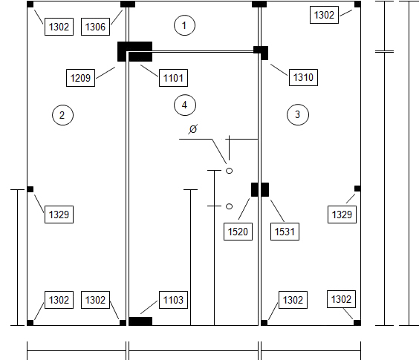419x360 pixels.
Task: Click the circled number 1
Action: pyautogui.click(x=184, y=25)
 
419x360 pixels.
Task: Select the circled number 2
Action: pyautogui.click(x=62, y=115)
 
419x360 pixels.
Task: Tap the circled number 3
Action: pyautogui.click(x=298, y=114)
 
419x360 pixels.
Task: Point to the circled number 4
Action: pyautogui.click(x=185, y=105)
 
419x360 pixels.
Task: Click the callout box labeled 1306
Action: pyautogui.click(x=95, y=27)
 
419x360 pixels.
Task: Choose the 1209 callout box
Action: pyautogui.click(x=80, y=78)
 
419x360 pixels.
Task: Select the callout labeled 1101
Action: pyautogui.click(x=173, y=78)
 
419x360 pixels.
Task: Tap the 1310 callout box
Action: pyautogui.click(x=303, y=77)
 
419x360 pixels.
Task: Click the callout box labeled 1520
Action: pyautogui.click(x=238, y=232)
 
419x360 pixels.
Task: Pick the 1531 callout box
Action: pyautogui.click(x=285, y=232)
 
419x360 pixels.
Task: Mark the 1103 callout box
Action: pyautogui.click(x=173, y=300)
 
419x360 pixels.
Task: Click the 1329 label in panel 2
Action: pyautogui.click(x=59, y=215)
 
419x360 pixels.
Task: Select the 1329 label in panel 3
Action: pyautogui.click(x=342, y=215)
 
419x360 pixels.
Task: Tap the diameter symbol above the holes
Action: pyautogui.click(x=193, y=128)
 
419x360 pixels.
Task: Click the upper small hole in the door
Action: pyautogui.click(x=229, y=171)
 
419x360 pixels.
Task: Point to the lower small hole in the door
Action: pyautogui.click(x=229, y=206)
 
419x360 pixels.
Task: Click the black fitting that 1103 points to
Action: pyautogui.click(x=140, y=321)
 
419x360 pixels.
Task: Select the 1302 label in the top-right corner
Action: pyautogui.click(x=324, y=15)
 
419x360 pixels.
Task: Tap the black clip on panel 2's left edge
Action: pyautogui.click(x=30, y=189)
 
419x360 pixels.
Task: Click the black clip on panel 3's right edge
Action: pyautogui.click(x=357, y=189)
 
